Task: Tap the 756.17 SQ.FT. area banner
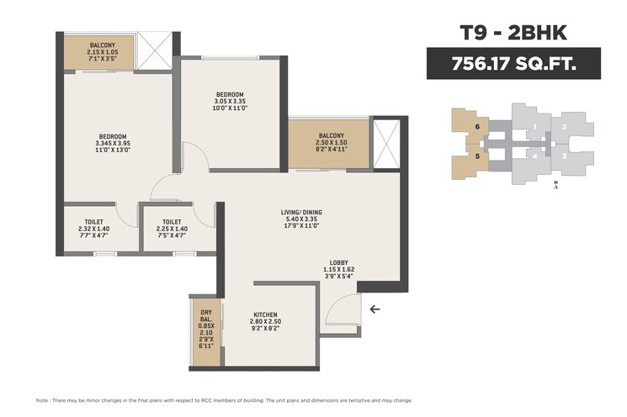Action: click(513, 63)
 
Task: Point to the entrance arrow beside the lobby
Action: click(375, 309)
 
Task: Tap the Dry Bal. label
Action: click(205, 330)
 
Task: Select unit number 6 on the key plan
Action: click(477, 127)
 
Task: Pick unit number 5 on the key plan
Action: click(477, 156)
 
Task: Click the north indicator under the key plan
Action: click(556, 185)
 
